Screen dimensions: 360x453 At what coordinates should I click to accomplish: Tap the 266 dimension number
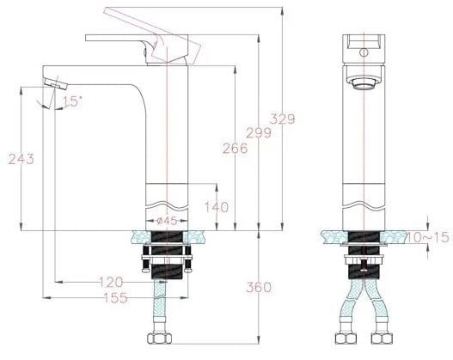click(x=234, y=148)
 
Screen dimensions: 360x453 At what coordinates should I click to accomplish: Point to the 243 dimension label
click(x=21, y=159)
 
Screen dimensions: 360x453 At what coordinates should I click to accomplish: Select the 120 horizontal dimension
click(x=109, y=282)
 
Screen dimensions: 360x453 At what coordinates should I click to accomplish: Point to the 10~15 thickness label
click(x=428, y=236)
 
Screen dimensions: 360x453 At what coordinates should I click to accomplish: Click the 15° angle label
click(x=72, y=101)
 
